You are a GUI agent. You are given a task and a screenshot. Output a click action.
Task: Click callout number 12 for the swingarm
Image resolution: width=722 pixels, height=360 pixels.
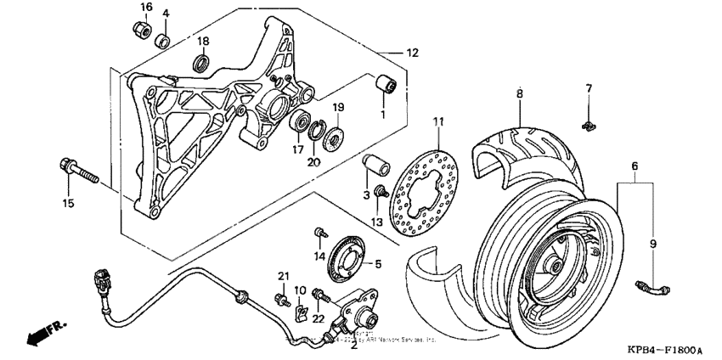coord(413,53)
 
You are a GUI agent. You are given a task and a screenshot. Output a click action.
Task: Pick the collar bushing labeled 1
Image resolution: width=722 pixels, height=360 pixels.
coord(388,86)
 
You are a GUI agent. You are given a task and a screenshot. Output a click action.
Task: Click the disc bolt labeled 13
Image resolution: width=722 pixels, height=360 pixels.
coord(384,190)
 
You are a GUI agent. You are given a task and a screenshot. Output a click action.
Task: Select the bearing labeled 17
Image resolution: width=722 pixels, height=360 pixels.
coord(299,122)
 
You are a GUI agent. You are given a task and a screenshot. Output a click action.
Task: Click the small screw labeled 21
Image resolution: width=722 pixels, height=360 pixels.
coord(279,298)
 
